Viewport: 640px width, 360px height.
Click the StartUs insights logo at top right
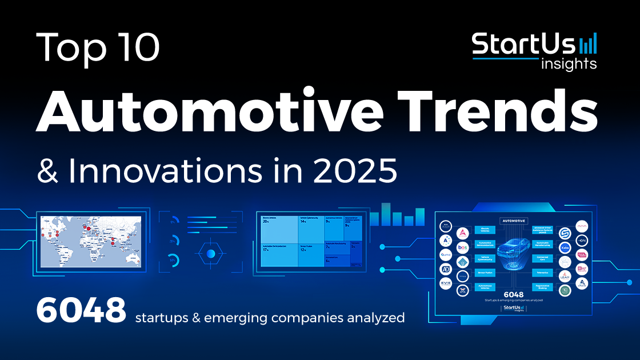tap(534, 50)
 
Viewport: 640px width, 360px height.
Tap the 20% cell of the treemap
tap(278, 231)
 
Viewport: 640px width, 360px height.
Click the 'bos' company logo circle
tap(463, 247)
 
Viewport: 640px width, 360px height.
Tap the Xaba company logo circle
tap(564, 248)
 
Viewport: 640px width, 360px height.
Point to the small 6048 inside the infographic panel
tap(513, 295)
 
